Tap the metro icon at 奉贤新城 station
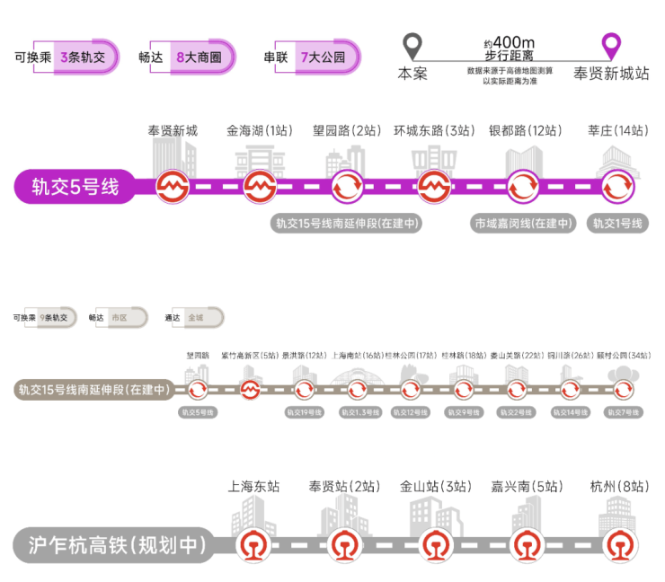click(x=172, y=188)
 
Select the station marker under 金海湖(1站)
click(x=259, y=188)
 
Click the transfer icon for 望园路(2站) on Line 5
click(x=347, y=188)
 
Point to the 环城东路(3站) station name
click(x=434, y=131)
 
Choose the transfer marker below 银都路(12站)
click(x=522, y=188)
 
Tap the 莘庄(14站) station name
click(x=616, y=131)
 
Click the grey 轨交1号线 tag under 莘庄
click(x=616, y=224)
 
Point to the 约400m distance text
click(x=509, y=42)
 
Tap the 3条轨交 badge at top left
click(x=83, y=57)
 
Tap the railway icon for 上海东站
click(x=253, y=544)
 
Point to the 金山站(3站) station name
click(x=435, y=487)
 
